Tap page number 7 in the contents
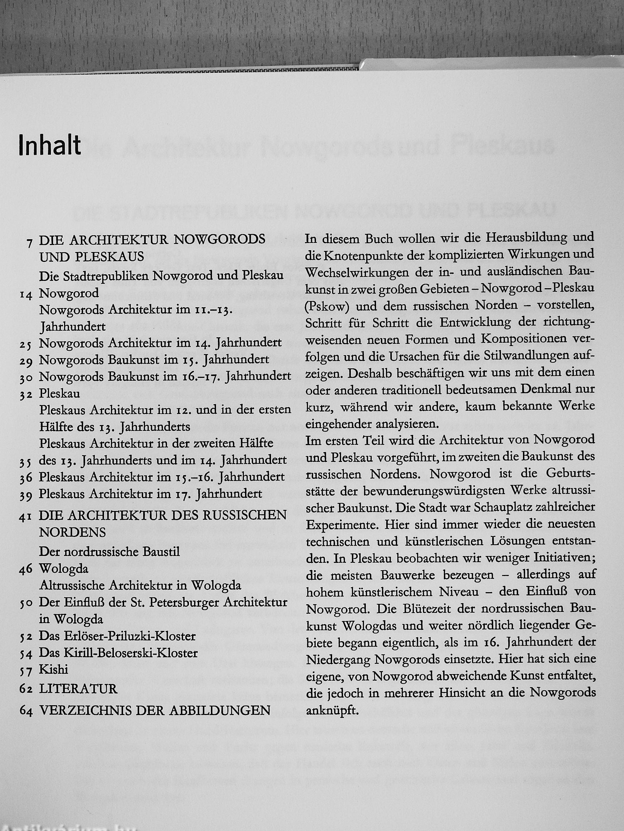(x=29, y=243)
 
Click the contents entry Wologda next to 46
(x=64, y=569)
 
